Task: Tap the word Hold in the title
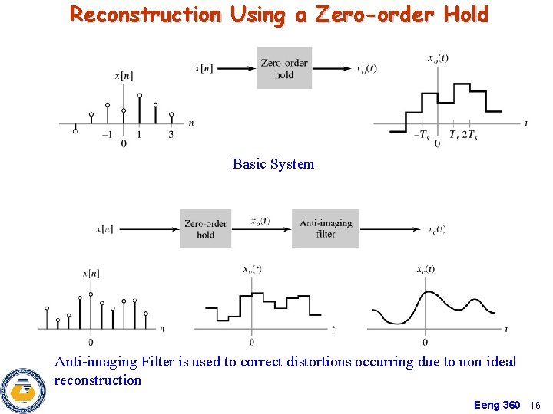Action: [x=464, y=15]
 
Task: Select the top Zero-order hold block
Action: [x=284, y=68]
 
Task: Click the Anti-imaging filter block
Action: [x=326, y=228]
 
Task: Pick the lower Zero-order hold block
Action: [x=205, y=228]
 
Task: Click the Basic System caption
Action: [x=273, y=164]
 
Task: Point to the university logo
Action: [x=22, y=389]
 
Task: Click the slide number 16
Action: [x=535, y=405]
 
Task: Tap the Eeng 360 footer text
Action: [x=497, y=405]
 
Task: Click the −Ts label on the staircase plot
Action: [x=421, y=135]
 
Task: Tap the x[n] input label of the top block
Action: [x=205, y=68]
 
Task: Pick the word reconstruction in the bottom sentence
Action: [x=98, y=380]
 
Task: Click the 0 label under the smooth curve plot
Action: [x=425, y=342]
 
